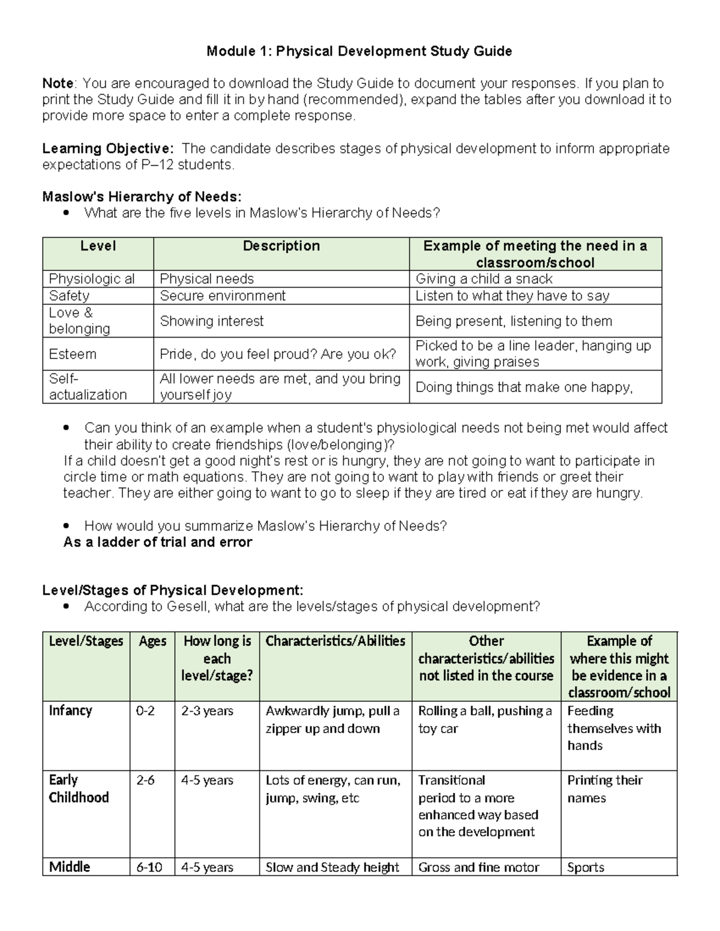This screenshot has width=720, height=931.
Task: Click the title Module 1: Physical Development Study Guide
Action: tap(359, 51)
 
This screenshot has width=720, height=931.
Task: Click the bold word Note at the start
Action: tap(58, 83)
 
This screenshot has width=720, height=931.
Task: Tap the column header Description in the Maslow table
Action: tap(281, 246)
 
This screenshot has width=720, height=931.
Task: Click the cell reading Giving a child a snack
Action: tap(484, 279)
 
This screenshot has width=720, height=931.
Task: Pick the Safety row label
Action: tap(69, 296)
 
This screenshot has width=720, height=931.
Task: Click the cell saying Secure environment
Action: tap(223, 296)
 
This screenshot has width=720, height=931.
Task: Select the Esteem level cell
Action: tap(73, 354)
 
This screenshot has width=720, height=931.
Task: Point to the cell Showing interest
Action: tap(211, 321)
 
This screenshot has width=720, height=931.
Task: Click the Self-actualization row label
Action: tap(88, 387)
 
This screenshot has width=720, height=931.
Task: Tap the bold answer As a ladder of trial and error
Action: tap(158, 542)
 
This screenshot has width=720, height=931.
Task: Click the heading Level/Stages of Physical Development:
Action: tap(173, 590)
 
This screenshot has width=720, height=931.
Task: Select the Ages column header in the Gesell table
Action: tap(152, 641)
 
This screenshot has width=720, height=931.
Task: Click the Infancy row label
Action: tap(70, 710)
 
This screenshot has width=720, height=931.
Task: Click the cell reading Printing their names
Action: tap(604, 789)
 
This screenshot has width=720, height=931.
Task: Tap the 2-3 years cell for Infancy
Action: tap(207, 710)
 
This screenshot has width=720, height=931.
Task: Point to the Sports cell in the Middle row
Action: tap(586, 867)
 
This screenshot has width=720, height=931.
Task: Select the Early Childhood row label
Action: tap(79, 788)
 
